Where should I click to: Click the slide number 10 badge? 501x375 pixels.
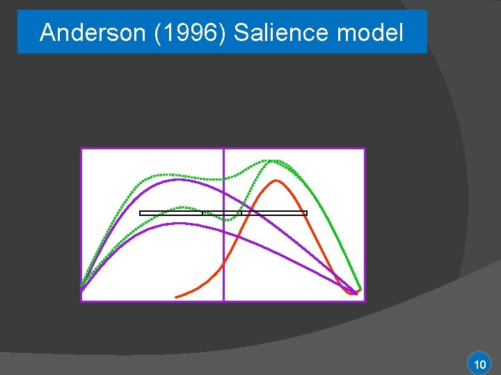(x=479, y=364)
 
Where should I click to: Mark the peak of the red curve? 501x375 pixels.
(x=276, y=181)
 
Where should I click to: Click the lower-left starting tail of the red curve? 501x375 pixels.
(x=177, y=297)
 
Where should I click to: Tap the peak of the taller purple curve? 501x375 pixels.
(x=180, y=179)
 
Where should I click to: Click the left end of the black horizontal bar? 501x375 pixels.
(x=141, y=213)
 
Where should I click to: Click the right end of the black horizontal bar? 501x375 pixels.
(x=305, y=213)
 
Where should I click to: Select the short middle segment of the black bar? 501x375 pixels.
(x=221, y=213)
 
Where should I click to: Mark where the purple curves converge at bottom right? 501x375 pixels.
(x=356, y=294)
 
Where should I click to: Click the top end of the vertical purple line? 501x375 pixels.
(x=223, y=149)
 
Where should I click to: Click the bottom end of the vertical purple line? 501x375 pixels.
(x=223, y=300)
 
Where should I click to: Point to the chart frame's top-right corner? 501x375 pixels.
(x=365, y=149)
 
